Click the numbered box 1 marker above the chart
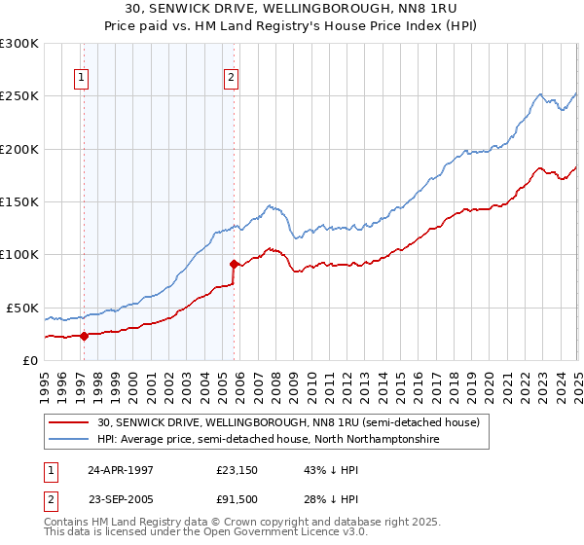pyautogui.click(x=81, y=80)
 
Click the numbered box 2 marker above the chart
pyautogui.click(x=231, y=80)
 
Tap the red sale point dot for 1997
pyautogui.click(x=84, y=337)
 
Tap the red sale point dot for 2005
pyautogui.click(x=235, y=264)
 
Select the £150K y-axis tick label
pyautogui.click(x=19, y=202)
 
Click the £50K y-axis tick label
pyautogui.click(x=22, y=308)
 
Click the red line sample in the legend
pyautogui.click(x=70, y=423)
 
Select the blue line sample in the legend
pyautogui.click(x=70, y=440)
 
